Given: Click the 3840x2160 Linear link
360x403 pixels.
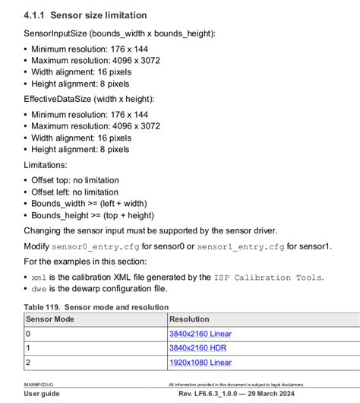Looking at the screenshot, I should click(x=200, y=333).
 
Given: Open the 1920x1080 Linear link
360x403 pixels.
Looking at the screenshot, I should click(x=200, y=362).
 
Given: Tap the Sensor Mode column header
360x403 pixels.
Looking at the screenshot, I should click(x=52, y=319).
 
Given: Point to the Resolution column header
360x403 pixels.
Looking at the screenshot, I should click(x=189, y=319).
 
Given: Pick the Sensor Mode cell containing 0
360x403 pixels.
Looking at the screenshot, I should click(x=28, y=333).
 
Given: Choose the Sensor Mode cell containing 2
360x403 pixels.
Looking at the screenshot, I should click(x=28, y=362).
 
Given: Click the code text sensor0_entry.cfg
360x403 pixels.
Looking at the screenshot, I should click(x=96, y=246).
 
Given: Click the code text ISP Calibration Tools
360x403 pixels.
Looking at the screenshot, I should click(x=269, y=278).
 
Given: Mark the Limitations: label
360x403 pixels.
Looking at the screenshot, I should click(x=46, y=164).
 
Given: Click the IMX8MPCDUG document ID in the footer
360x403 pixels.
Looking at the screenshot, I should click(x=39, y=386).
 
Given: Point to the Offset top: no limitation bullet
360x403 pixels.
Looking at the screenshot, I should click(x=74, y=179).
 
